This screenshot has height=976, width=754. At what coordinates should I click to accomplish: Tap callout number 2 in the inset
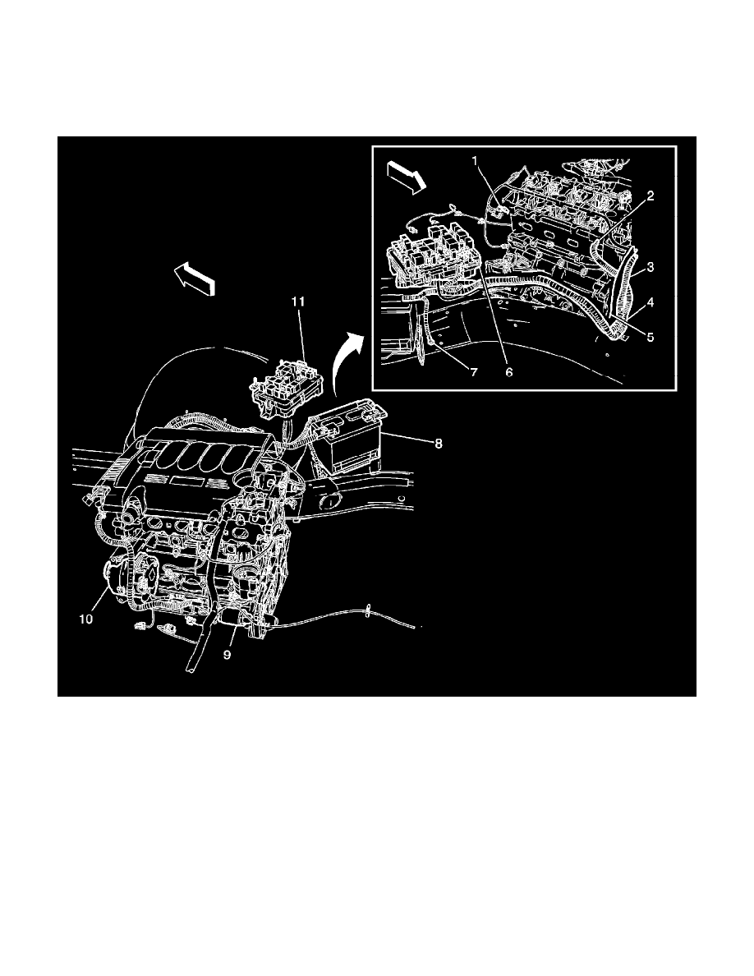649,196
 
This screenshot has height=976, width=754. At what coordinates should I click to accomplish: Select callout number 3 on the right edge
649,268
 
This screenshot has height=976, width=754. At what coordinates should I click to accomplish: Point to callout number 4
649,302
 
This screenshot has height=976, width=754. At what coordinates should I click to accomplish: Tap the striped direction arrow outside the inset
195,279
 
